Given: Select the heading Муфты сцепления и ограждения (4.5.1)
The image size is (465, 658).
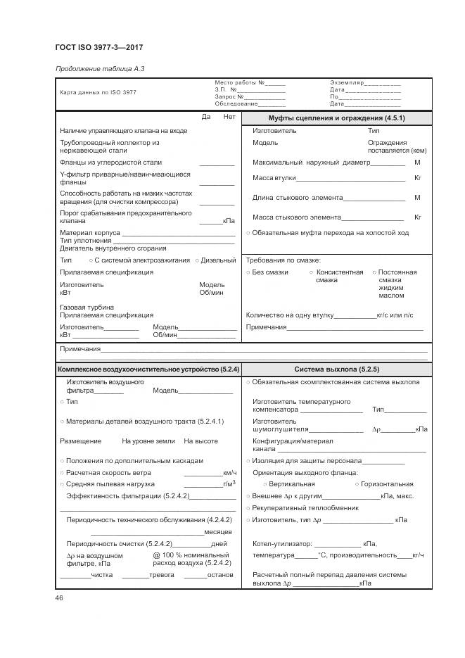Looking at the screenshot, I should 336,118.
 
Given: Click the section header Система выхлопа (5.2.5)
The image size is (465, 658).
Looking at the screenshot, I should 336,369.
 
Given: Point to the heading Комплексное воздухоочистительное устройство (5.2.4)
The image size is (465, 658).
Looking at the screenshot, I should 148,369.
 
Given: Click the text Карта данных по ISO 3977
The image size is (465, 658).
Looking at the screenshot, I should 98,92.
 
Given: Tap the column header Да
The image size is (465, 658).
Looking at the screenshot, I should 206,117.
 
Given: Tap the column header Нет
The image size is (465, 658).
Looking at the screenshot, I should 229,117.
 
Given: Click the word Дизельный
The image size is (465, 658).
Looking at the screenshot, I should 218,260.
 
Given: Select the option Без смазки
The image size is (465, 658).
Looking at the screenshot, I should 270,272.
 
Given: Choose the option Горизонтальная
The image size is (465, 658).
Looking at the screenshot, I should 387,484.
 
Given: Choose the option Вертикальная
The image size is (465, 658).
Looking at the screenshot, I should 293,484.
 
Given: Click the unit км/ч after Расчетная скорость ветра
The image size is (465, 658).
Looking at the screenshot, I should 229,472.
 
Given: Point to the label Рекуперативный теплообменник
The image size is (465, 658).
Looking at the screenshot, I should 305,507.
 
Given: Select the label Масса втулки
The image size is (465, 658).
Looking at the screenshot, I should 274,178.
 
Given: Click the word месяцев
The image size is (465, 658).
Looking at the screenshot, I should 219,531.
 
